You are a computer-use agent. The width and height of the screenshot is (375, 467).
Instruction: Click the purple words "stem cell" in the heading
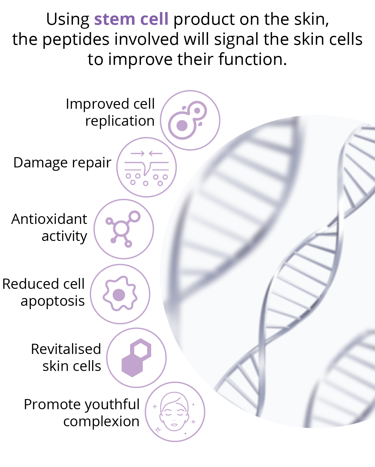131,19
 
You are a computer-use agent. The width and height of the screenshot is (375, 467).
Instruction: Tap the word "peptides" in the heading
76,40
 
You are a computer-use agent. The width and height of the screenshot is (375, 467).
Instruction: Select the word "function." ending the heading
253,59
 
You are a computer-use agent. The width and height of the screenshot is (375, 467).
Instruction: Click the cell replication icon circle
190,120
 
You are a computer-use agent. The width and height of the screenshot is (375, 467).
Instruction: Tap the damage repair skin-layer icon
147,167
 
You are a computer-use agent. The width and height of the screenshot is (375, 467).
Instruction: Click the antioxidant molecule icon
123,229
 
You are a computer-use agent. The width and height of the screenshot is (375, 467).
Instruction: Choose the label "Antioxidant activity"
49,227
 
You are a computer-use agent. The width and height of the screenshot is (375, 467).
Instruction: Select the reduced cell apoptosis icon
120,294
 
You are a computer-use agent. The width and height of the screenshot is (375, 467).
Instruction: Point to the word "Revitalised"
66,349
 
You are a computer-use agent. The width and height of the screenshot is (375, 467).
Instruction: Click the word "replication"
120,121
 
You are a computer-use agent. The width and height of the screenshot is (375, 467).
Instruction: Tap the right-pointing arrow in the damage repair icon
138,154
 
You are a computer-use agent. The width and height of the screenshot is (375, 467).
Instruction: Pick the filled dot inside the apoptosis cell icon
119,295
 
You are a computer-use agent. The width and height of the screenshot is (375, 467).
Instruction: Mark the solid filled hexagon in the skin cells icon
132,367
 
